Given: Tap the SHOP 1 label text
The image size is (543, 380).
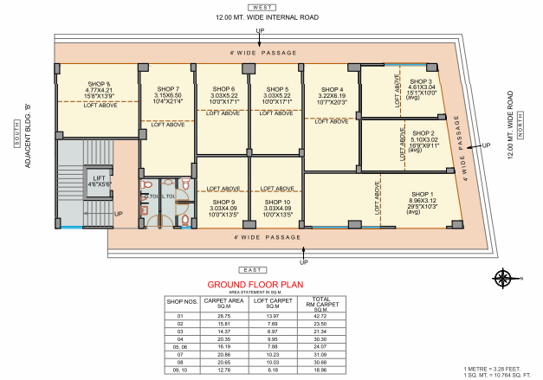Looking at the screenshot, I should (x=422, y=194).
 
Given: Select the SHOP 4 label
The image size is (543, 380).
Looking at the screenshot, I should (x=332, y=89).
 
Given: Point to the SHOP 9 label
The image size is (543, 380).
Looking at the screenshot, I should (x=223, y=202).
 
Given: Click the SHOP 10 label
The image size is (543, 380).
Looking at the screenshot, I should (x=277, y=202).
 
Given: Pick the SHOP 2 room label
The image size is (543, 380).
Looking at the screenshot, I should (x=423, y=134).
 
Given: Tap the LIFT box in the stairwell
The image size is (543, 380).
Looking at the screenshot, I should (x=99, y=179).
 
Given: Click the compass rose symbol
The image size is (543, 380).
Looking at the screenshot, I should (x=501, y=278).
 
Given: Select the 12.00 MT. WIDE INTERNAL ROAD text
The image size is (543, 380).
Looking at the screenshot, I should (x=260, y=17).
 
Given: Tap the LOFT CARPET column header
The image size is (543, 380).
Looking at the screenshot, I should (x=271, y=303).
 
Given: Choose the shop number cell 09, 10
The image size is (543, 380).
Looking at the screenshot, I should (x=181, y=370).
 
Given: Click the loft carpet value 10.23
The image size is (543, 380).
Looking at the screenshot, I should (x=271, y=355).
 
